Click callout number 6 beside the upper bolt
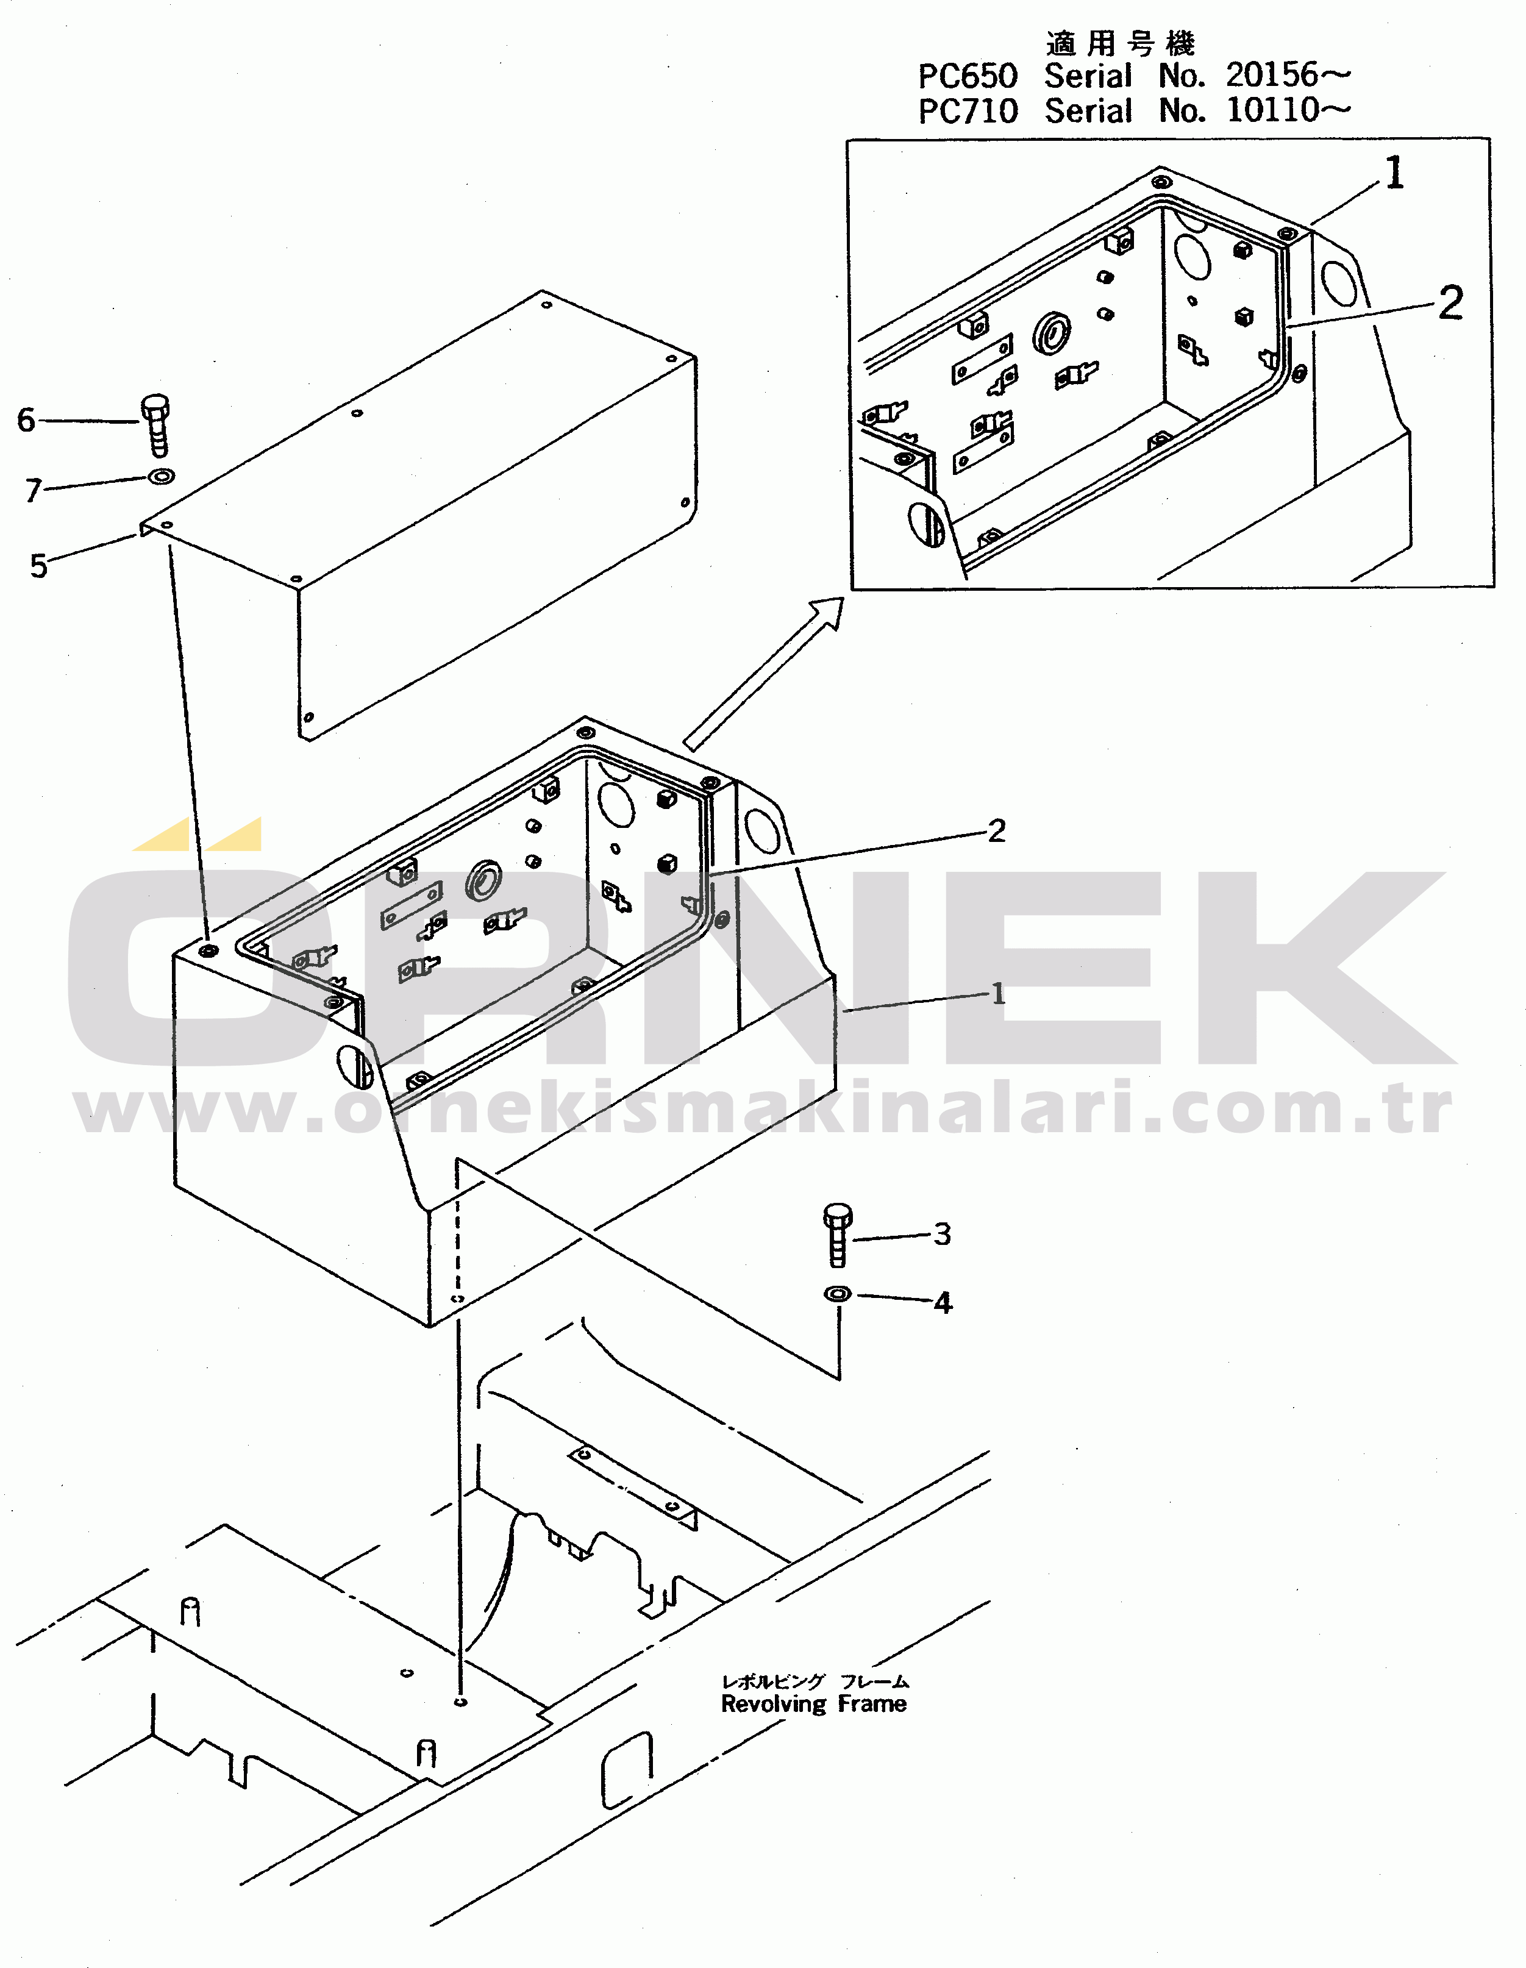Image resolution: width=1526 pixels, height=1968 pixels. [x=26, y=420]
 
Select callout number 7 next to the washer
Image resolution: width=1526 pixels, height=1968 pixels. [x=34, y=490]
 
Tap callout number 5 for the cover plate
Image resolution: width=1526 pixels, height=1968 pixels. [x=38, y=566]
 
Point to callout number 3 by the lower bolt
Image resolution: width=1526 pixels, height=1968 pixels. [x=942, y=1233]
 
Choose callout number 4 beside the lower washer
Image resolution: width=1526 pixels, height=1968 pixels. [x=943, y=1302]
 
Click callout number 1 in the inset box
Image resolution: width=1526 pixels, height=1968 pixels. [x=1394, y=173]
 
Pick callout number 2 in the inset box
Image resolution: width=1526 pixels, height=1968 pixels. [x=1450, y=303]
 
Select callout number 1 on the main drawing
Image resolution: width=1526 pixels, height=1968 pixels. [x=998, y=993]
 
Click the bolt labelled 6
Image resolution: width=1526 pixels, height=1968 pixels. [x=156, y=426]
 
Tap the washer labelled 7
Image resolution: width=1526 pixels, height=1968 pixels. [x=162, y=476]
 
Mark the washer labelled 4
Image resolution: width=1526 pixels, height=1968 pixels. [x=837, y=1294]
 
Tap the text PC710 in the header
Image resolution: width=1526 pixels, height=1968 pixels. [x=968, y=112]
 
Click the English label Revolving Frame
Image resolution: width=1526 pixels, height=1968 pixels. [x=814, y=1704]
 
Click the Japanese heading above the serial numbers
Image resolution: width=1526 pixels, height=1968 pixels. [x=1121, y=43]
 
